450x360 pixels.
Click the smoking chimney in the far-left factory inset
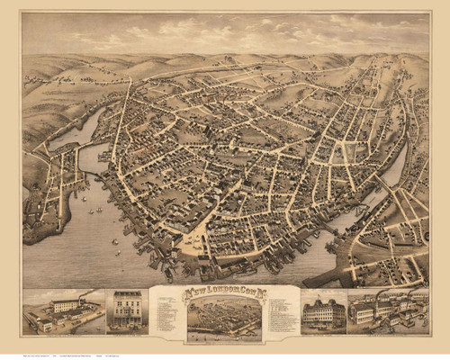coord(84,301)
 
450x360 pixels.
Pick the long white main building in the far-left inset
coord(66,307)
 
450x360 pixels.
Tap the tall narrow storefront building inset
coord(127,310)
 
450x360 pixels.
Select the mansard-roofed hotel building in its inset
coord(324,311)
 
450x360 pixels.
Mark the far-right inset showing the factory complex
coord(388,310)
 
